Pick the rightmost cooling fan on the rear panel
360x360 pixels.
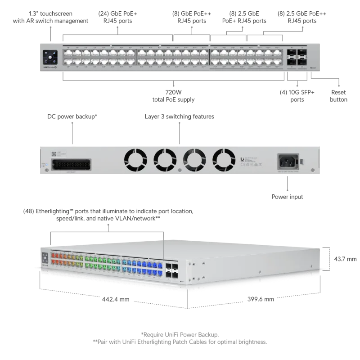pyautogui.click(x=224, y=159)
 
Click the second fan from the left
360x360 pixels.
pyautogui.click(x=164, y=159)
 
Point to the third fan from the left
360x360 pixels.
pyautogui.click(x=194, y=159)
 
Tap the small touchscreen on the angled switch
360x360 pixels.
pyautogui.click(x=45, y=259)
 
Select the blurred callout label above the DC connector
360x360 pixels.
pyautogui.click(x=72, y=116)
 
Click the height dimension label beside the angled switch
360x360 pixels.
pyautogui.click(x=342, y=259)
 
